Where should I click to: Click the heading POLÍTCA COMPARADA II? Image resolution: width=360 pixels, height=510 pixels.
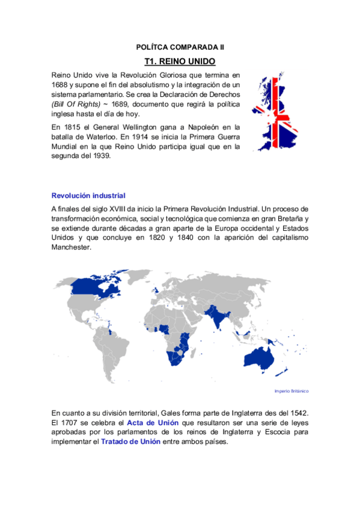click(x=180, y=46)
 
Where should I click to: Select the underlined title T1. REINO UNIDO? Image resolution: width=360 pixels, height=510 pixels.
click(x=180, y=61)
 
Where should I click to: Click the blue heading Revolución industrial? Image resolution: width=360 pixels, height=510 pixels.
click(x=88, y=195)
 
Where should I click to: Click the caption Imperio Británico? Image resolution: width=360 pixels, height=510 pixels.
click(x=291, y=391)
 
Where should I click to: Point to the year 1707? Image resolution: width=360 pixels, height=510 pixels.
click(x=72, y=423)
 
